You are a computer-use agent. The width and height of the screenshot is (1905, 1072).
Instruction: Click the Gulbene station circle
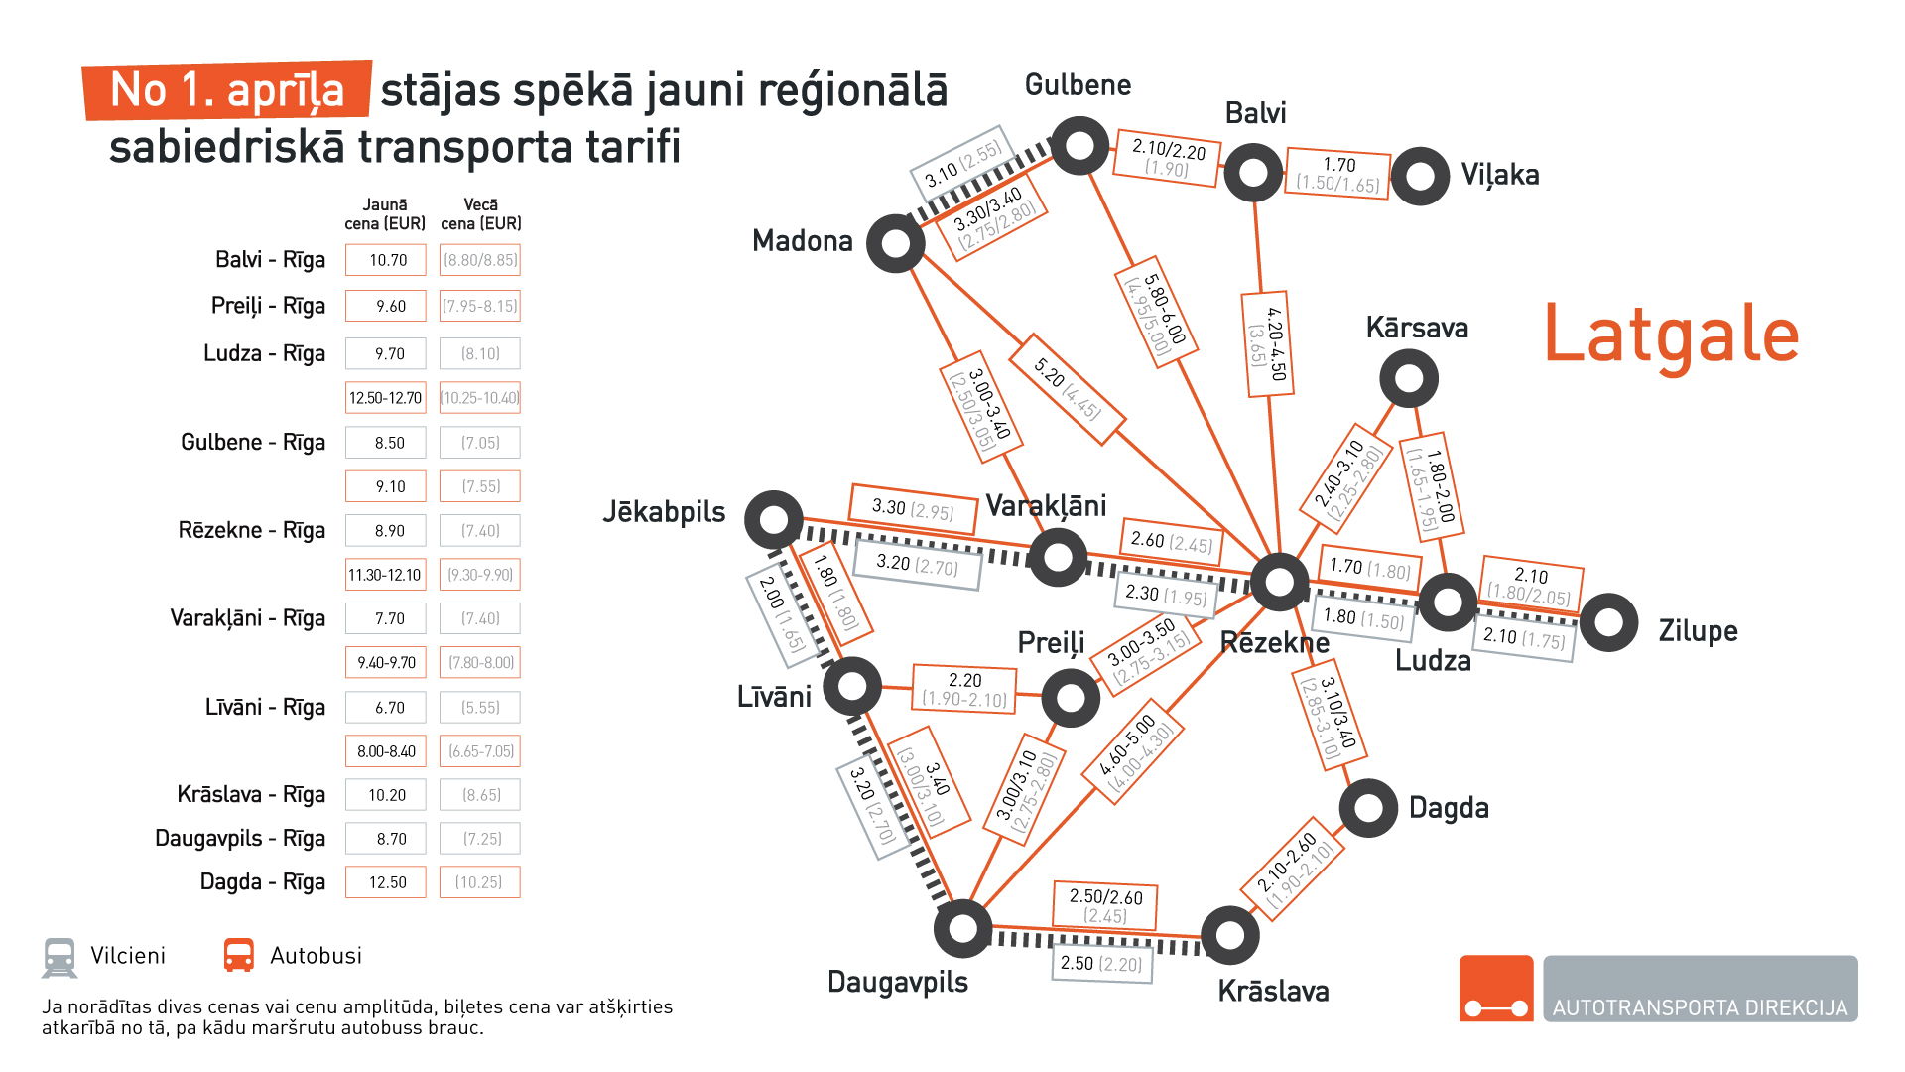1079,146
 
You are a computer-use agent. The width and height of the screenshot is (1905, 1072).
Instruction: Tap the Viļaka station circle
1420,177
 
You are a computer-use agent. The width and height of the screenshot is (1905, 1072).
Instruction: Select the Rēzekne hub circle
1279,583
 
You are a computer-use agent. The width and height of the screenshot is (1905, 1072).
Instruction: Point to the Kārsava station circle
1409,378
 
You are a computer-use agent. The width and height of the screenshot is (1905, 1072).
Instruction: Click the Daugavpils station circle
962,929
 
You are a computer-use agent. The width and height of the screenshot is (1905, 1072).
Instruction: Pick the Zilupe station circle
1608,622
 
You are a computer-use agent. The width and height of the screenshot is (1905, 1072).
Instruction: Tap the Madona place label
802,241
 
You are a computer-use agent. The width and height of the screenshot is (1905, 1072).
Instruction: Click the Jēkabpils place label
664,512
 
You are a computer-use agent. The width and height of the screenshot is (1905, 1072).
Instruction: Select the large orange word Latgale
1671,335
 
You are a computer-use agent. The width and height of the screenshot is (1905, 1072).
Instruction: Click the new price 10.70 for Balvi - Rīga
386,260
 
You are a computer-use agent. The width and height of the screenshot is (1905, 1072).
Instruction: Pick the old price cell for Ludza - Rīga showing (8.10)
480,353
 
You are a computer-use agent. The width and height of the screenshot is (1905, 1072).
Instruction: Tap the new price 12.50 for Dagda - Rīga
386,882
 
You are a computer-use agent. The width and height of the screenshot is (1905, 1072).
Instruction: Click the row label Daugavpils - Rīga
240,839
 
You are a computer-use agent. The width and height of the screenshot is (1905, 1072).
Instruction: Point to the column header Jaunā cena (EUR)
385,214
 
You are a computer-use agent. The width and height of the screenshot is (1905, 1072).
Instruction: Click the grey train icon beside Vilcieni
60,957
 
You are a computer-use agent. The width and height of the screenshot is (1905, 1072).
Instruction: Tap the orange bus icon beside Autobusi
239,955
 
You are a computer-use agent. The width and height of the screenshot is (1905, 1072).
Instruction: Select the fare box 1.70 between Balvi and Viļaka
1338,174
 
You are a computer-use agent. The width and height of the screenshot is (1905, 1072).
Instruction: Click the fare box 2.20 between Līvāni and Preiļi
964,689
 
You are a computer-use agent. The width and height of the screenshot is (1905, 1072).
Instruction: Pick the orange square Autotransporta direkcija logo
1496,989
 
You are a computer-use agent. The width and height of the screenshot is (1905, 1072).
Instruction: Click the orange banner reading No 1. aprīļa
227,90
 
